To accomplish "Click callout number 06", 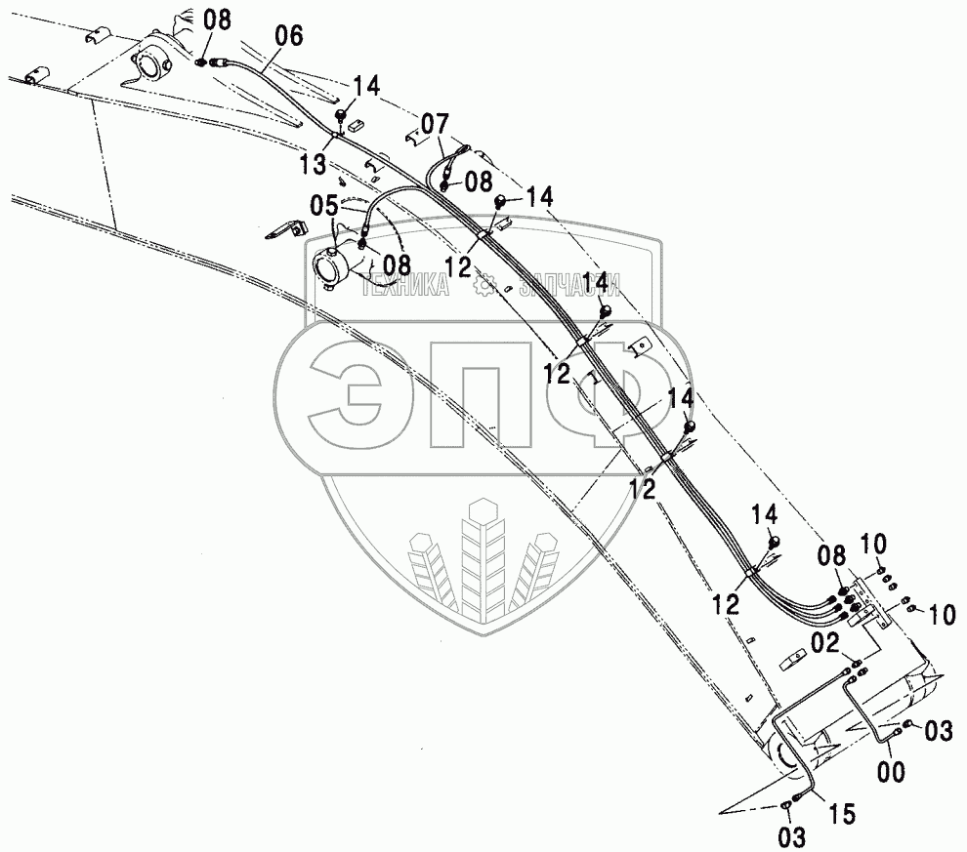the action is (x=289, y=36).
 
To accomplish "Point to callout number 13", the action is (x=314, y=166).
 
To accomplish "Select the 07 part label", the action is (x=436, y=124).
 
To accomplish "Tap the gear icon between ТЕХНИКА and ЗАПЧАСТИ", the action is (x=483, y=286).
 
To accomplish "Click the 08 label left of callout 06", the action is (x=219, y=19).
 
